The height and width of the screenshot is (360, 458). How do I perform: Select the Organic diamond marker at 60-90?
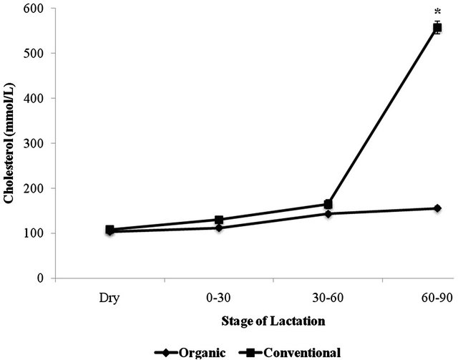tap(437, 208)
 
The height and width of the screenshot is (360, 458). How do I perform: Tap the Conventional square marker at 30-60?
tap(328, 204)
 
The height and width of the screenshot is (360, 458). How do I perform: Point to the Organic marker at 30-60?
tap(328, 213)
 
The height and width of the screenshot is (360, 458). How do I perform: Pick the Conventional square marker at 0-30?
tap(219, 220)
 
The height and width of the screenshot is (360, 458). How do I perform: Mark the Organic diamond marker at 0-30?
tap(219, 228)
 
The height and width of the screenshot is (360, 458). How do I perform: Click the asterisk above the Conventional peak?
tap(437, 11)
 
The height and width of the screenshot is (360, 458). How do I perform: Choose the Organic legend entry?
tap(193, 351)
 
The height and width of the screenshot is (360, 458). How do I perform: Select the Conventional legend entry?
tap(294, 351)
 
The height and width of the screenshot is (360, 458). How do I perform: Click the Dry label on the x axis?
tap(110, 296)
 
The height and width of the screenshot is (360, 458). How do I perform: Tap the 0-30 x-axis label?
tap(219, 296)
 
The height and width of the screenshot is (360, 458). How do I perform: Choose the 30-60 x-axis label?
tap(328, 296)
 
